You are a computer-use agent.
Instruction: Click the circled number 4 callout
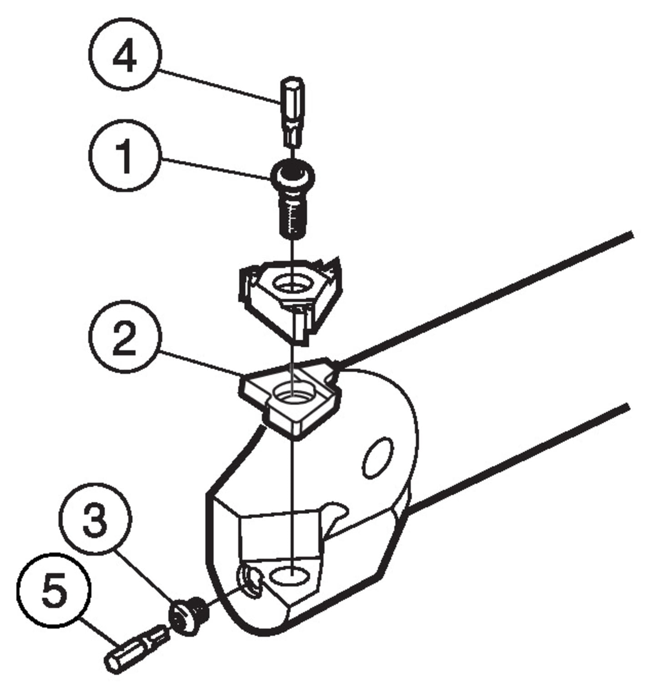(x=125, y=55)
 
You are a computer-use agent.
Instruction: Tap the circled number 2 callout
(x=125, y=337)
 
